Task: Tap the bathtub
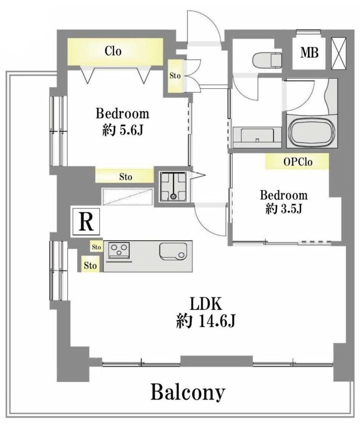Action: point(311,131)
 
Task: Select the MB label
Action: point(309,53)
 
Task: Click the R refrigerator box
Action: point(86,222)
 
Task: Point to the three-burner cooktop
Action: point(119,250)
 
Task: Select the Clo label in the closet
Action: point(113,51)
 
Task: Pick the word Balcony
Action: point(188,392)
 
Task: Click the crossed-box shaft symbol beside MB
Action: point(339,53)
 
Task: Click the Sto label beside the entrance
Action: point(175,76)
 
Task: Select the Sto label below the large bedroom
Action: point(126,177)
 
